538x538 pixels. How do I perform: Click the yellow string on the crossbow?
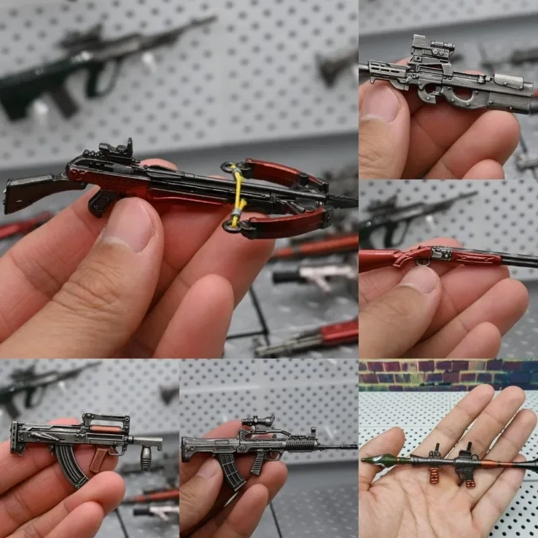[236, 195]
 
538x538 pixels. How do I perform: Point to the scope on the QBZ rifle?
[259, 422]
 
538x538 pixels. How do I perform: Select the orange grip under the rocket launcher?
[434, 474]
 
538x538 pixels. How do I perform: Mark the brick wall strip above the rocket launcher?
[448, 373]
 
